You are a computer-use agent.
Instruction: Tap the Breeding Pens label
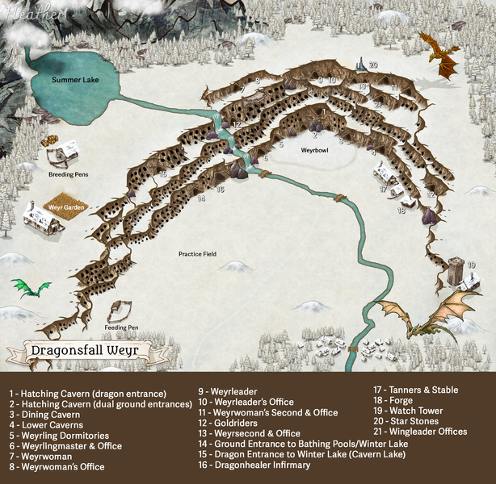pos(67,173)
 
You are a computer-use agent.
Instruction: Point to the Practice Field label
pos(198,254)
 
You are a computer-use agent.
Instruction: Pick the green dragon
pos(30,287)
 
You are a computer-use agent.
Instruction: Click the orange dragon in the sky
pos(442,56)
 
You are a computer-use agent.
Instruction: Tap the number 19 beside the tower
pos(471,265)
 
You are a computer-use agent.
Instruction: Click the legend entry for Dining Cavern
pos(44,414)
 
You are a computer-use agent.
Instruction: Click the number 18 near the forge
pos(401,211)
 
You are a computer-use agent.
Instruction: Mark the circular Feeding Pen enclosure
pos(121,311)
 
